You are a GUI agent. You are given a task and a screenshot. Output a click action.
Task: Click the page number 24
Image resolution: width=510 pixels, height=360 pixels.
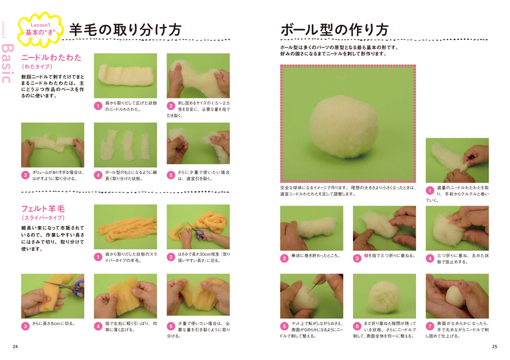(15, 347)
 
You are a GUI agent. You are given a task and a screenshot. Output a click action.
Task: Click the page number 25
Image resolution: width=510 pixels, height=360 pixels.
(494, 347)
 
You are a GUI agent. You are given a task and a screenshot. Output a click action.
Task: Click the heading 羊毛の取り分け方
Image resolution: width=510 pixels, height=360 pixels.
(125, 30)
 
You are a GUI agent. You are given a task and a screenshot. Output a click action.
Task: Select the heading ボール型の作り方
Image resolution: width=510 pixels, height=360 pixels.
(335, 30)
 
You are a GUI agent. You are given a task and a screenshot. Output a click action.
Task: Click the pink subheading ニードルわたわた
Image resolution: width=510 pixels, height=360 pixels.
(52, 58)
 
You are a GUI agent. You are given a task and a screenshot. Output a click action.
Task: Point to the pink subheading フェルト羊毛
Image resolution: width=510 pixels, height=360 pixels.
(43, 209)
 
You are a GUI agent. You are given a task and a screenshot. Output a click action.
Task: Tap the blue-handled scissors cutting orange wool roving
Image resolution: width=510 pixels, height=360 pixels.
(196, 232)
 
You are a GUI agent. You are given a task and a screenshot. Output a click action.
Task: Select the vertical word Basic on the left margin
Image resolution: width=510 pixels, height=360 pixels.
(8, 63)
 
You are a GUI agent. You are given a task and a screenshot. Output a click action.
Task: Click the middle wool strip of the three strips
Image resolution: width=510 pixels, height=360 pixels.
(127, 145)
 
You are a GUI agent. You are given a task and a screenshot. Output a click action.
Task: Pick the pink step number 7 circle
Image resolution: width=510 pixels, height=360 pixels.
(429, 326)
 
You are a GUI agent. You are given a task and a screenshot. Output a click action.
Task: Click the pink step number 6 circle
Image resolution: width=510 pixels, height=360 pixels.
(357, 326)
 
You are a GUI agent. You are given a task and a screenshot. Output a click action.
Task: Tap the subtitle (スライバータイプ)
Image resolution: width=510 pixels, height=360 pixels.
(43, 218)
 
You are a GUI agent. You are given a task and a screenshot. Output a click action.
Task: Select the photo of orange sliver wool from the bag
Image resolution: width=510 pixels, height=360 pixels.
(125, 227)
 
